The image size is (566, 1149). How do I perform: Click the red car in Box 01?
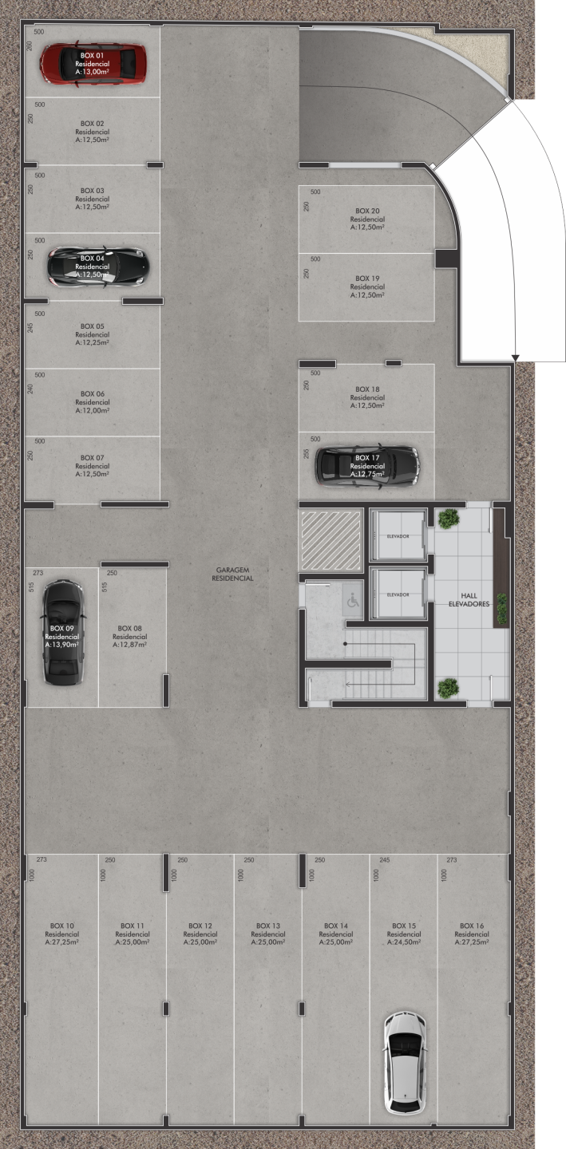[93, 64]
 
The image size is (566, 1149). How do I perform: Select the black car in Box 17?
[367, 466]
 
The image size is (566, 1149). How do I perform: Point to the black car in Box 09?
[62, 632]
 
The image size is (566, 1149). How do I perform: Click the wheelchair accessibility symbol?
[353, 600]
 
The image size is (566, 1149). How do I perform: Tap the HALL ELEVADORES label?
[469, 600]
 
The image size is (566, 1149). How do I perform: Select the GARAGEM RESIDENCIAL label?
[233, 574]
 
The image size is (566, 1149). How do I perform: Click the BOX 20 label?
[367, 211]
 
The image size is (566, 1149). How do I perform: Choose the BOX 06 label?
[93, 393]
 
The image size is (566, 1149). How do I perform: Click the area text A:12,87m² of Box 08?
[130, 644]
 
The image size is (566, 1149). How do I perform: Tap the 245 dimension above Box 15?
[385, 859]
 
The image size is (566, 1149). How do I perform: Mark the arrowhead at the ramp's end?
[516, 357]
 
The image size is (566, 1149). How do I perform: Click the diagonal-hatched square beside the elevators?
[331, 539]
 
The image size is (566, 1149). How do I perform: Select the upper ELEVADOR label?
[398, 536]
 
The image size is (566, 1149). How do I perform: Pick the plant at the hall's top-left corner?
[449, 519]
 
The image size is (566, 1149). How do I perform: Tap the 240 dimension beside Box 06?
[30, 389]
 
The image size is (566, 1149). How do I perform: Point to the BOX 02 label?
[93, 123]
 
